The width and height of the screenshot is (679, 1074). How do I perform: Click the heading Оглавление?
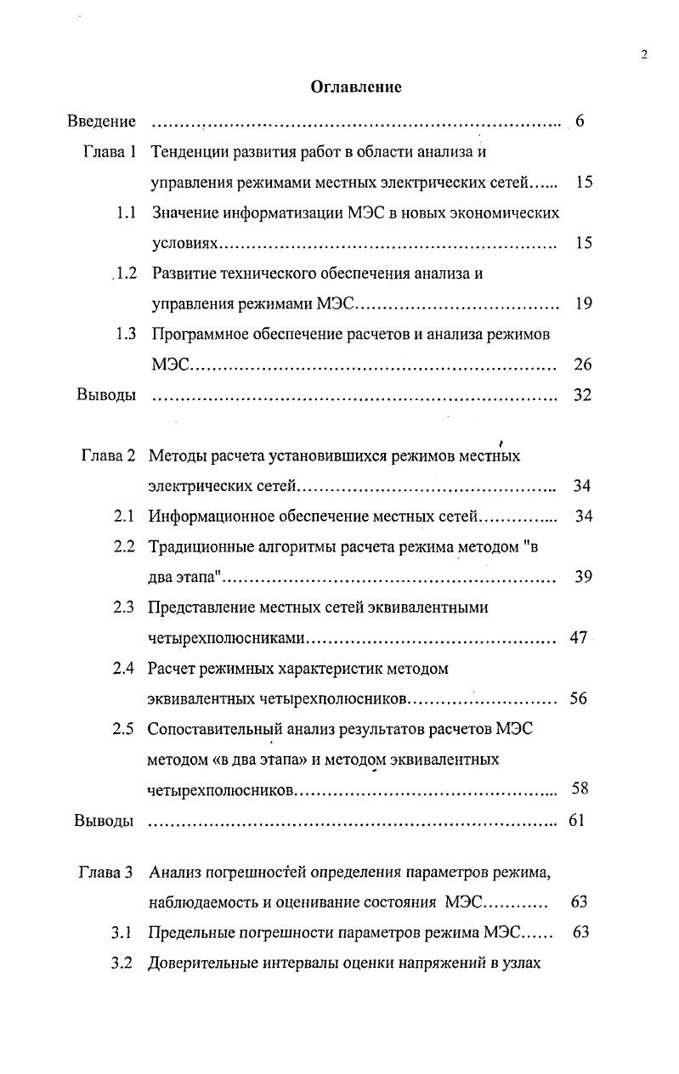(356, 87)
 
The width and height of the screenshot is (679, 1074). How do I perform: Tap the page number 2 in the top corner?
(643, 55)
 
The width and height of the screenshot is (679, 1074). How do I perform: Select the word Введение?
(101, 122)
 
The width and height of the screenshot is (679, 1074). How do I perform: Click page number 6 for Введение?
(580, 122)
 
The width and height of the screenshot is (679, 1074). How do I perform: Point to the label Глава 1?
(110, 153)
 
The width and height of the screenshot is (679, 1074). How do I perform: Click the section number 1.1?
(127, 213)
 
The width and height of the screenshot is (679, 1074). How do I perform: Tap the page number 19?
(583, 304)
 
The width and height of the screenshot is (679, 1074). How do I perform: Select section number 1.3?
(127, 334)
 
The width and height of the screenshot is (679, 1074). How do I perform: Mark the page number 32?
(582, 395)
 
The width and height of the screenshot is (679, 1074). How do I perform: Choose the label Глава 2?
(108, 455)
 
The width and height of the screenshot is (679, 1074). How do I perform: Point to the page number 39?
(582, 577)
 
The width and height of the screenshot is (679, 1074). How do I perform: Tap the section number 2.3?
(124, 608)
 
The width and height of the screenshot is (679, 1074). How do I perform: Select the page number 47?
(578, 638)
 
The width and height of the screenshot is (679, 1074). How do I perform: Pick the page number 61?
(576, 821)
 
